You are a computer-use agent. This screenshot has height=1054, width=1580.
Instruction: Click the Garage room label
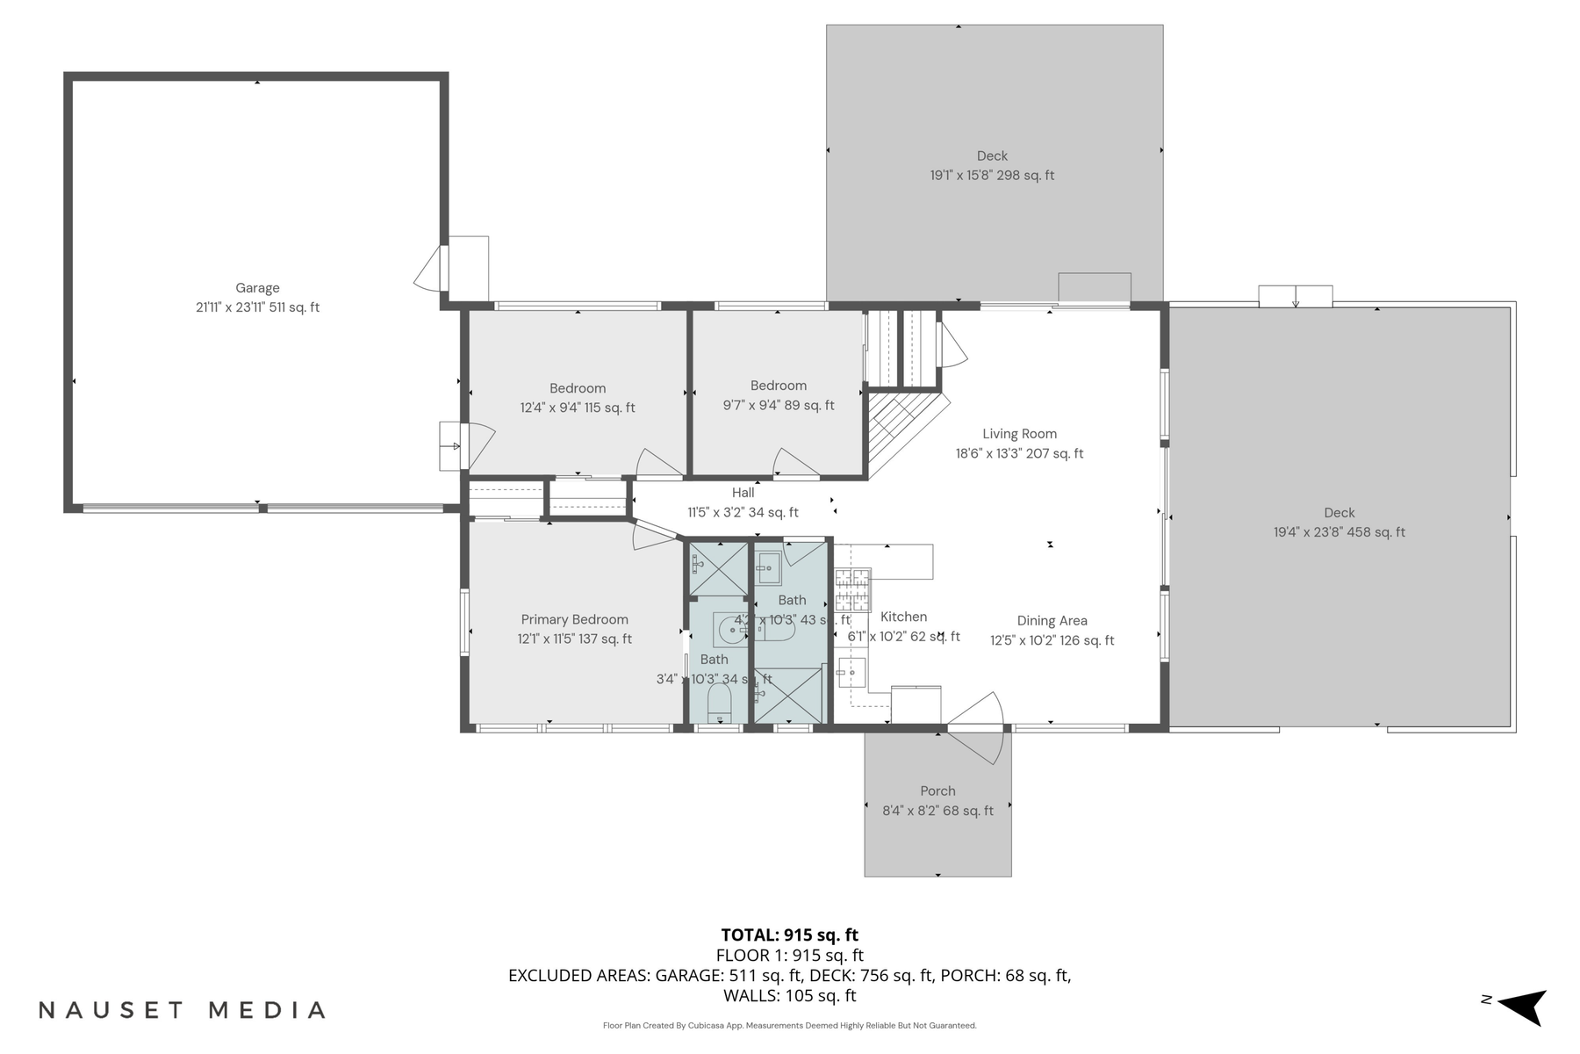[257, 288]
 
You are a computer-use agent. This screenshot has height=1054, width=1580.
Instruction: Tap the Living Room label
[1019, 434]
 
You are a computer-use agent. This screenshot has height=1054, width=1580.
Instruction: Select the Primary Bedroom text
[574, 619]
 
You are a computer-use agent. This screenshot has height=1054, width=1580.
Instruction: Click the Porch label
[937, 791]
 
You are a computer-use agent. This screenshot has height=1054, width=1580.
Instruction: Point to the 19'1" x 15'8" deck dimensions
[992, 176]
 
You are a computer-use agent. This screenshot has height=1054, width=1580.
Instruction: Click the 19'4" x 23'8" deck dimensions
[1339, 532]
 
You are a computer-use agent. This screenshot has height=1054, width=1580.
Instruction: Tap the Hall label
[743, 493]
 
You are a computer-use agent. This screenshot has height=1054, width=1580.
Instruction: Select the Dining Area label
[1052, 621]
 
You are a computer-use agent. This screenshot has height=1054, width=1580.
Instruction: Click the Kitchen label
[903, 617]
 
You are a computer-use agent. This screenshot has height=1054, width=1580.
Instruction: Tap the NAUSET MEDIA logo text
[183, 1010]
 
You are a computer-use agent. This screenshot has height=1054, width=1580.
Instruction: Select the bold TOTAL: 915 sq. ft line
[789, 935]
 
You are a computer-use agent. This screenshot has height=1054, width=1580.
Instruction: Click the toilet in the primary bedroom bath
[720, 703]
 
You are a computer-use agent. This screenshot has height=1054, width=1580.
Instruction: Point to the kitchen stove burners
[852, 589]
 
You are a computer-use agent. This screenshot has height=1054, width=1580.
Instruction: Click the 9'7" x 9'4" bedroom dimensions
[779, 406]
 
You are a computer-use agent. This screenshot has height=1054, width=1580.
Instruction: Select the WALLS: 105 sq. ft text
[789, 996]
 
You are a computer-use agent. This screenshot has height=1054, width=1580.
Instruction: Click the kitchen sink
[850, 674]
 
